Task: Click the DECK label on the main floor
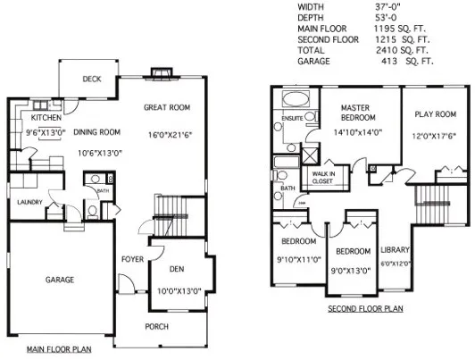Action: [x=91, y=79]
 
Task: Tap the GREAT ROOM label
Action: [x=167, y=107]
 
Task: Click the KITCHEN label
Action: [x=46, y=117]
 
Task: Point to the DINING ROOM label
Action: [x=96, y=131]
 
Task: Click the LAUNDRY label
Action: [x=30, y=202]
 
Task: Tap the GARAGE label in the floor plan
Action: [x=59, y=280]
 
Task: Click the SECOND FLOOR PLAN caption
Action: [x=365, y=308]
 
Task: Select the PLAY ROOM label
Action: [x=435, y=113]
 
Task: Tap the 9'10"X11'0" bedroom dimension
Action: [x=300, y=260]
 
